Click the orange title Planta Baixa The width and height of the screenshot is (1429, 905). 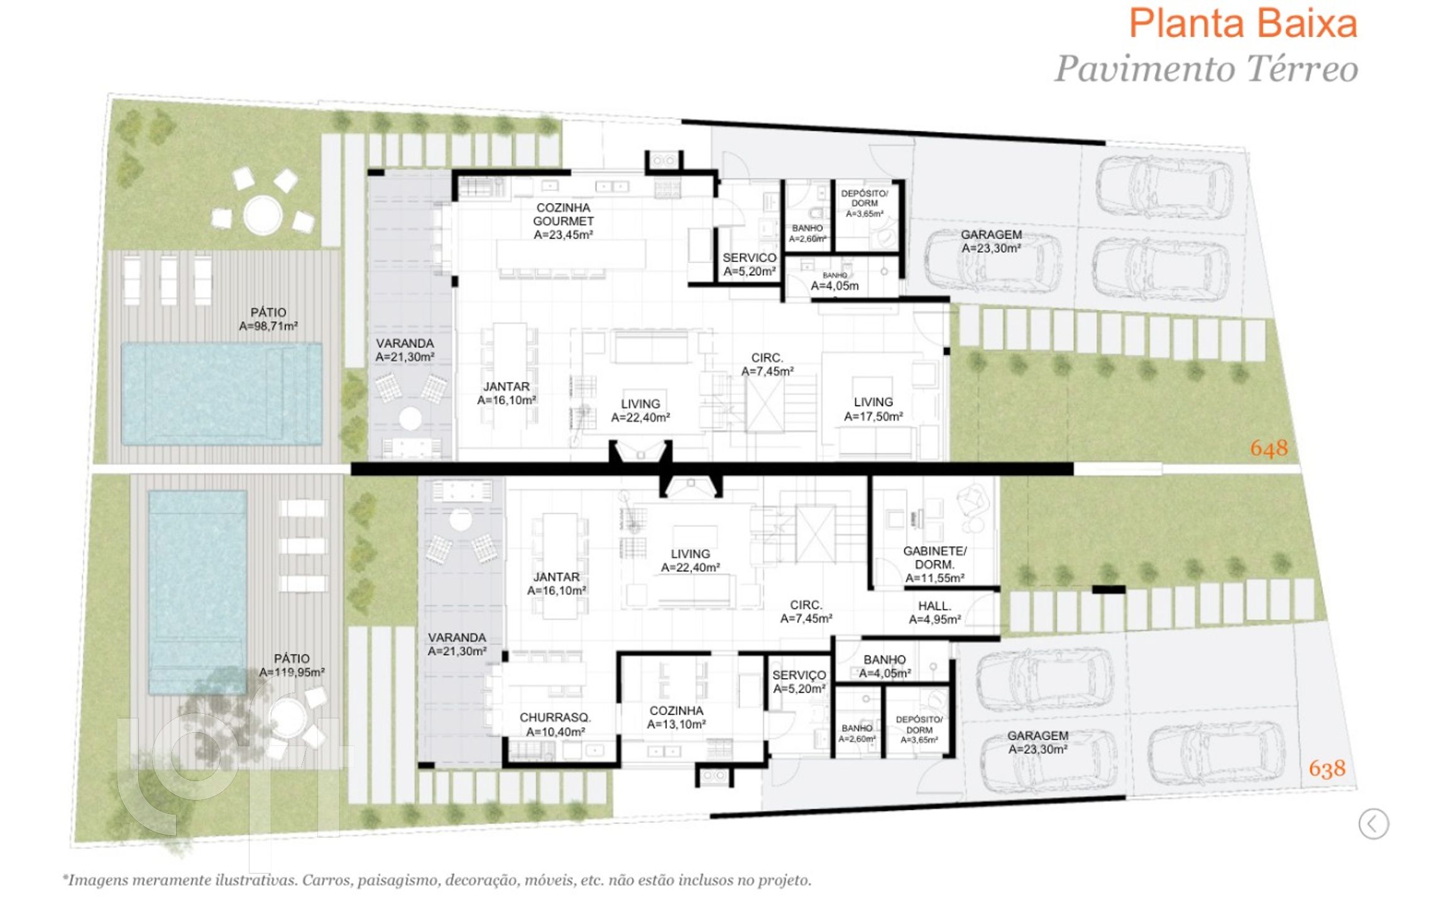click(x=1243, y=24)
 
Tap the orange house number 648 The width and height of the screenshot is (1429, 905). click(x=1269, y=448)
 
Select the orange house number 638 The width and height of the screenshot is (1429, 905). click(x=1327, y=768)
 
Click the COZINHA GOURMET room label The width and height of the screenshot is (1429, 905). click(x=563, y=221)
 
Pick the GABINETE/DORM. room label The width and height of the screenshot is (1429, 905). click(x=935, y=564)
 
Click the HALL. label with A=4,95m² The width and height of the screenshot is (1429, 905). click(x=935, y=613)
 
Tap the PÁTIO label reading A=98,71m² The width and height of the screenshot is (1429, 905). click(x=268, y=319)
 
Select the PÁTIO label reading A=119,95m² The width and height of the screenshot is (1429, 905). click(x=292, y=666)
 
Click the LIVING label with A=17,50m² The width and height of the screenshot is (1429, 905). click(x=873, y=409)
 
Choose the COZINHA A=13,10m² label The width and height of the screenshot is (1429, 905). click(x=676, y=717)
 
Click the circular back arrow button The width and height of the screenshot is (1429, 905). click(x=1374, y=823)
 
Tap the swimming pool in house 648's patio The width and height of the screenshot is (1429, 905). click(x=221, y=393)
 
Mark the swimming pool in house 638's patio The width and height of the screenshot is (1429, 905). click(x=197, y=592)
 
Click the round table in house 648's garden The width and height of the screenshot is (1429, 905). click(x=263, y=215)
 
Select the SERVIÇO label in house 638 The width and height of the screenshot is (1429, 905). click(x=799, y=682)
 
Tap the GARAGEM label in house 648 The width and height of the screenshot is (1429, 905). click(x=992, y=241)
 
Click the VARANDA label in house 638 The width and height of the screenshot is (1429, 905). click(x=457, y=644)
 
